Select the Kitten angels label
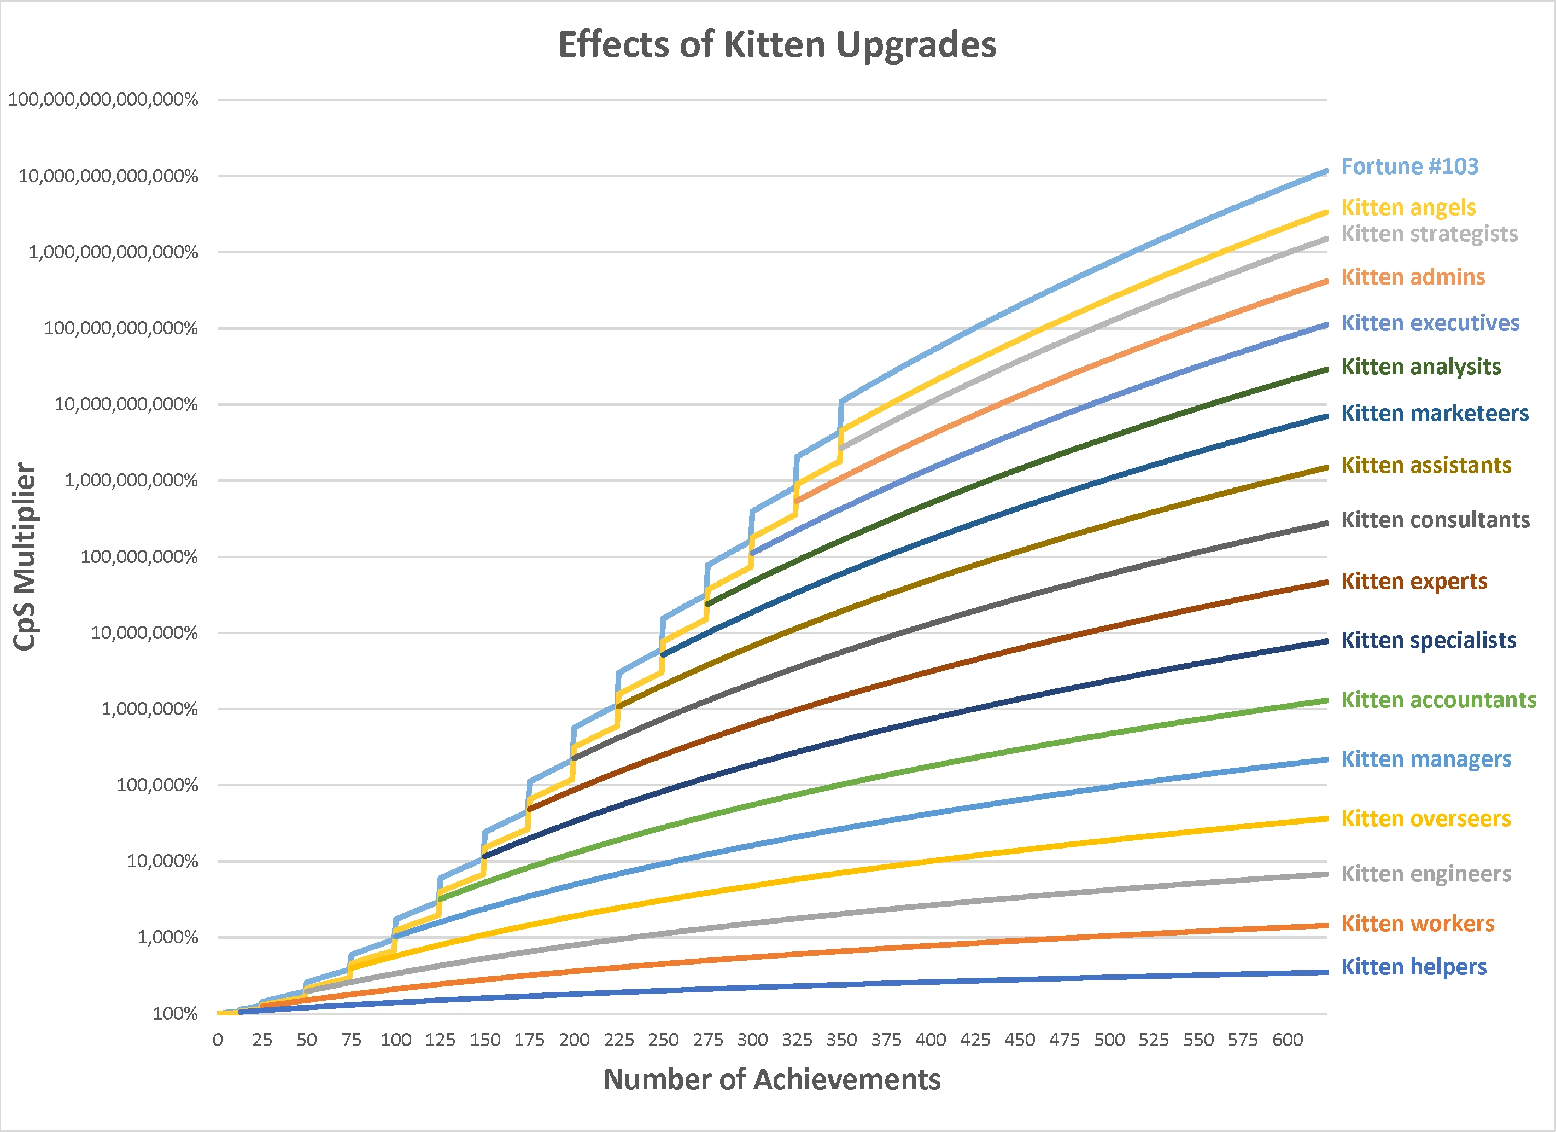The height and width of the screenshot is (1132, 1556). pyautogui.click(x=1408, y=207)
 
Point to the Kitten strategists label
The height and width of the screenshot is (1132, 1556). pyautogui.click(x=1429, y=234)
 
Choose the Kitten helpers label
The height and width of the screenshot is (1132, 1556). pyautogui.click(x=1413, y=967)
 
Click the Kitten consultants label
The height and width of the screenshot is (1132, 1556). pyautogui.click(x=1435, y=520)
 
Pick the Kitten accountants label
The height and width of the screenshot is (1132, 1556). pyautogui.click(x=1438, y=700)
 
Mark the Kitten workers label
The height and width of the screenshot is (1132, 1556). pyautogui.click(x=1418, y=924)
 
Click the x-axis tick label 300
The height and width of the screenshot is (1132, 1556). pyautogui.click(x=752, y=1040)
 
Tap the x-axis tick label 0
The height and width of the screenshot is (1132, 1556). pyautogui.click(x=218, y=1040)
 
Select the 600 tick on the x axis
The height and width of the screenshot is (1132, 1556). pyautogui.click(x=1287, y=1040)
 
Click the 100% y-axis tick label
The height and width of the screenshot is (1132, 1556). pyautogui.click(x=175, y=1014)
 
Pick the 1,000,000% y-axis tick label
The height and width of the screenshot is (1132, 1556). pyautogui.click(x=150, y=709)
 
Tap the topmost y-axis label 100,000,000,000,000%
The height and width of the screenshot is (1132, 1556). pyautogui.click(x=103, y=100)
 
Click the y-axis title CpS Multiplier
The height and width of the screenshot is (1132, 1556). pyautogui.click(x=25, y=556)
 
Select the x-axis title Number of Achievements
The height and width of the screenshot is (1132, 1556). pyautogui.click(x=772, y=1080)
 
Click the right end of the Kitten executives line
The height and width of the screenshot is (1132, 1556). pyautogui.click(x=1325, y=326)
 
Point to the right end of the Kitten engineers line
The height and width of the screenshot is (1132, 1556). pyautogui.click(x=1325, y=874)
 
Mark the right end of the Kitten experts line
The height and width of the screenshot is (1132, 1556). pyautogui.click(x=1325, y=582)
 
